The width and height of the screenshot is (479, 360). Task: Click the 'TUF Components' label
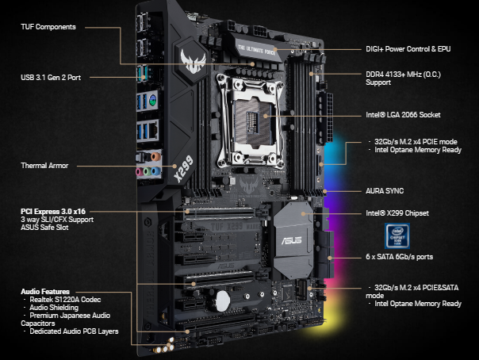(48, 27)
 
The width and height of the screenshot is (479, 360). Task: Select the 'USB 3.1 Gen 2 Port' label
(51, 78)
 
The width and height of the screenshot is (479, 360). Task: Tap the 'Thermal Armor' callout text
(44, 166)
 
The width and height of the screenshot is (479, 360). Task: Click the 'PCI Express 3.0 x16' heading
(53, 211)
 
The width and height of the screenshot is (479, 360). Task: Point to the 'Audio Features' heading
(45, 291)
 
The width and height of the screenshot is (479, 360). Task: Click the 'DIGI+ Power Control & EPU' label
(408, 49)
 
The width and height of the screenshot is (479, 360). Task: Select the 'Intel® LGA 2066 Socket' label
(403, 115)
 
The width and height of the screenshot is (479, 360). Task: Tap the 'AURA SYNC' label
(385, 191)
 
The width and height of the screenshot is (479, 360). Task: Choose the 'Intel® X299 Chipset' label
(397, 213)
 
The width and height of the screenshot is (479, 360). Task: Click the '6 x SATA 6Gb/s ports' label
(400, 257)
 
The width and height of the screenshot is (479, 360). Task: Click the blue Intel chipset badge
(397, 236)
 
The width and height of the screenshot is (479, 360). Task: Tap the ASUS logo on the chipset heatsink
(291, 240)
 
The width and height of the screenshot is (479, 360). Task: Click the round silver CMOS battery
(222, 301)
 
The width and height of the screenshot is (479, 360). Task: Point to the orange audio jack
(155, 157)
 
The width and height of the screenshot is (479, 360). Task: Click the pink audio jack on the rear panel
(140, 172)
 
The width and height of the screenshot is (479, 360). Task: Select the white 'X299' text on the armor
(184, 169)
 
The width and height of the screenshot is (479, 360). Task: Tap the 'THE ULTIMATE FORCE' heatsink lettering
(256, 50)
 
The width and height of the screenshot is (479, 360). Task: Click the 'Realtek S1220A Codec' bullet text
(65, 300)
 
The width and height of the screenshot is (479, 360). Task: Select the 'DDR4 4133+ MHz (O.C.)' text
(403, 75)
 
